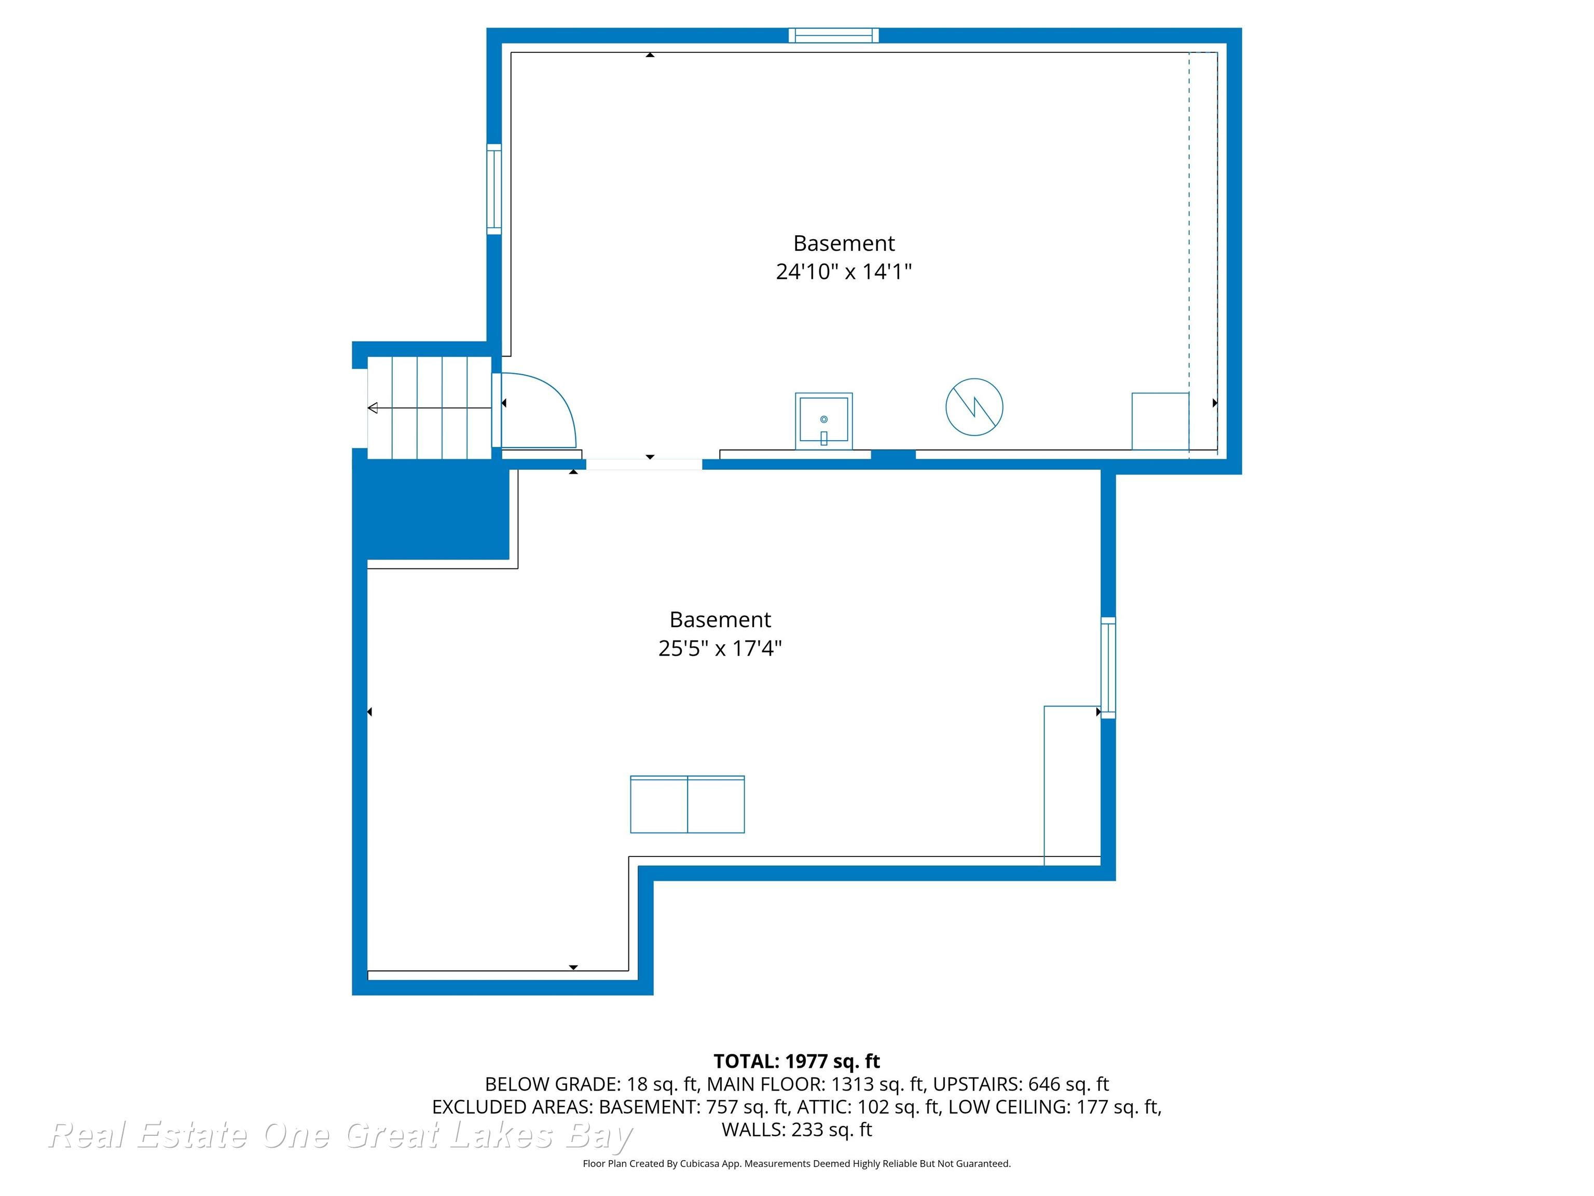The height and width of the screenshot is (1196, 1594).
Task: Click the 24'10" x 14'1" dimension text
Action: pos(843,272)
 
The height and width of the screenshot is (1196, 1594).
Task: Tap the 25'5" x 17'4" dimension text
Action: pos(720,648)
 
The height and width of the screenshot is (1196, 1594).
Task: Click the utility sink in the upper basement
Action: pos(823,421)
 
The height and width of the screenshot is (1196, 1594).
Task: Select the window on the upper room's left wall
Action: pos(493,189)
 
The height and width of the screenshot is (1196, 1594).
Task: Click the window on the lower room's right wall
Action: pos(1108,668)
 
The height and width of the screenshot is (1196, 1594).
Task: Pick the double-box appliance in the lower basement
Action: pos(687,805)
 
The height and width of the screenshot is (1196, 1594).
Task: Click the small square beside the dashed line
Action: pos(1160,421)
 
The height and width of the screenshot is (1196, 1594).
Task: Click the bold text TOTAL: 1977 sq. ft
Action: pos(796,1061)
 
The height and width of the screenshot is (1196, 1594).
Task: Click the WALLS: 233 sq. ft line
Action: pos(796,1130)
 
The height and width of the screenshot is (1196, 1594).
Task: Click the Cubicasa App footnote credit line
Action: pos(796,1164)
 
